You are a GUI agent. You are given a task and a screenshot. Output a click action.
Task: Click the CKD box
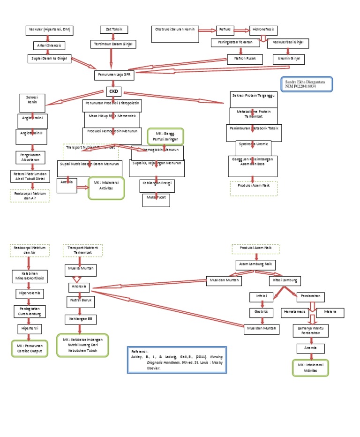click(113, 91)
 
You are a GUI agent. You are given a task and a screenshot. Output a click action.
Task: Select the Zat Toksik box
click(114, 30)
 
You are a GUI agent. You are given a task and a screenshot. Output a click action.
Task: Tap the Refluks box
click(225, 30)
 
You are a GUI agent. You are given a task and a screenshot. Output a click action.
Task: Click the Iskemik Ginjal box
click(289, 60)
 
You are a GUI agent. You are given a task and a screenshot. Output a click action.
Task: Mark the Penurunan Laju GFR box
click(113, 75)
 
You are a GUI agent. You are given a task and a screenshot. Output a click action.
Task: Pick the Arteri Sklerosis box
click(49, 45)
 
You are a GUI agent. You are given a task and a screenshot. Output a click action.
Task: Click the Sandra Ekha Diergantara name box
click(307, 84)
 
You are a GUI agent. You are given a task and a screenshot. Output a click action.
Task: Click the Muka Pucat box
click(156, 200)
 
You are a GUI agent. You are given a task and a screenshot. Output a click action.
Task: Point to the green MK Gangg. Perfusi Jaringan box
click(165, 136)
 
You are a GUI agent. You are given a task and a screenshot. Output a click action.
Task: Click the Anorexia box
click(78, 287)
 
